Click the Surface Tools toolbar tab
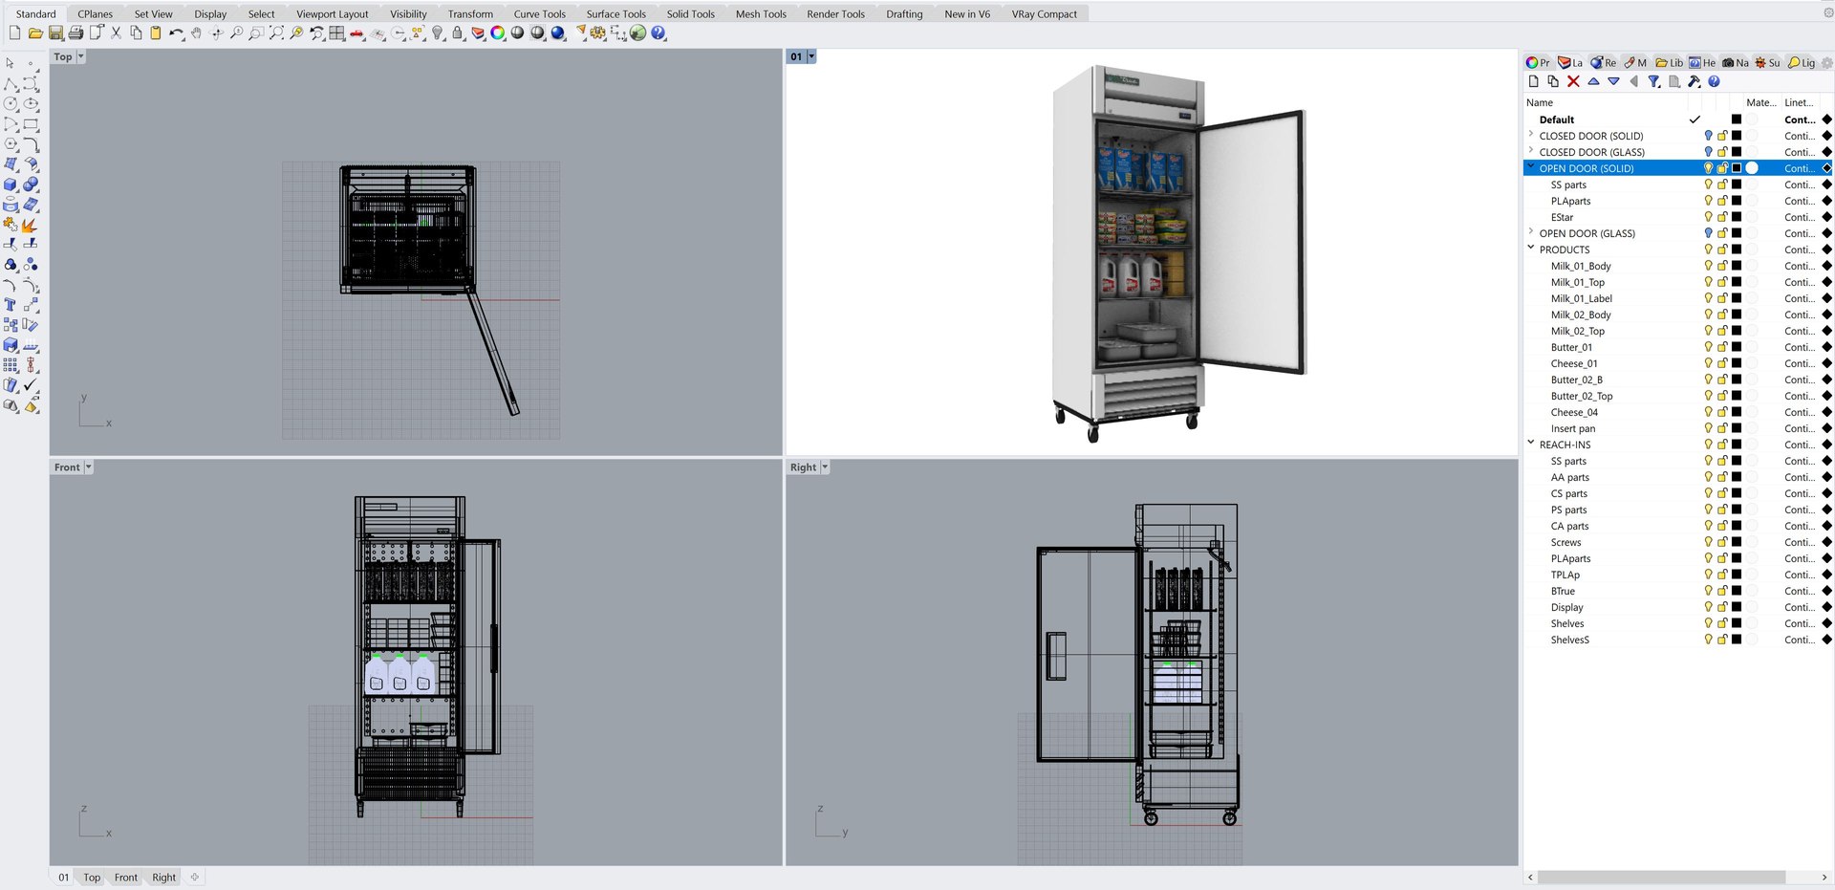pyautogui.click(x=615, y=14)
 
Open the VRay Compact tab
pyautogui.click(x=1044, y=14)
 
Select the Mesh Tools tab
pyautogui.click(x=761, y=14)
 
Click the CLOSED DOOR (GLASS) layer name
pyautogui.click(x=1591, y=152)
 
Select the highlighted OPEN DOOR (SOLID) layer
pyautogui.click(x=1586, y=168)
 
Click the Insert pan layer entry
pyautogui.click(x=1572, y=428)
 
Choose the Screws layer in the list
pyautogui.click(x=1565, y=542)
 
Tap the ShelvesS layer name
pyautogui.click(x=1569, y=640)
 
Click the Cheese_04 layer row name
pyautogui.click(x=1574, y=412)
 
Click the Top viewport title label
pyautogui.click(x=63, y=57)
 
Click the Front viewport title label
pyautogui.click(x=67, y=467)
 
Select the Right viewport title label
pyautogui.click(x=803, y=467)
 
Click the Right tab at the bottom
pyautogui.click(x=163, y=878)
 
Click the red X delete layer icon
pyautogui.click(x=1573, y=82)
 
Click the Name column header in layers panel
pyautogui.click(x=1540, y=102)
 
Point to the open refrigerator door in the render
pyautogui.click(x=1252, y=239)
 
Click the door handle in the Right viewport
pyautogui.click(x=1056, y=656)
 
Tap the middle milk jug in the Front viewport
pyautogui.click(x=399, y=674)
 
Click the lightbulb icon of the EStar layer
pyautogui.click(x=1708, y=217)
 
